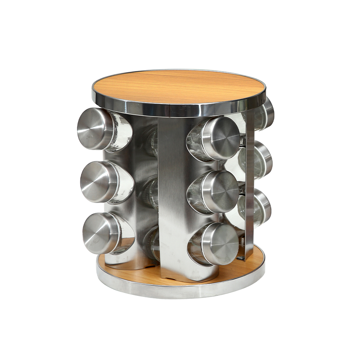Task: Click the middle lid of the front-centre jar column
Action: point(220,191)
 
